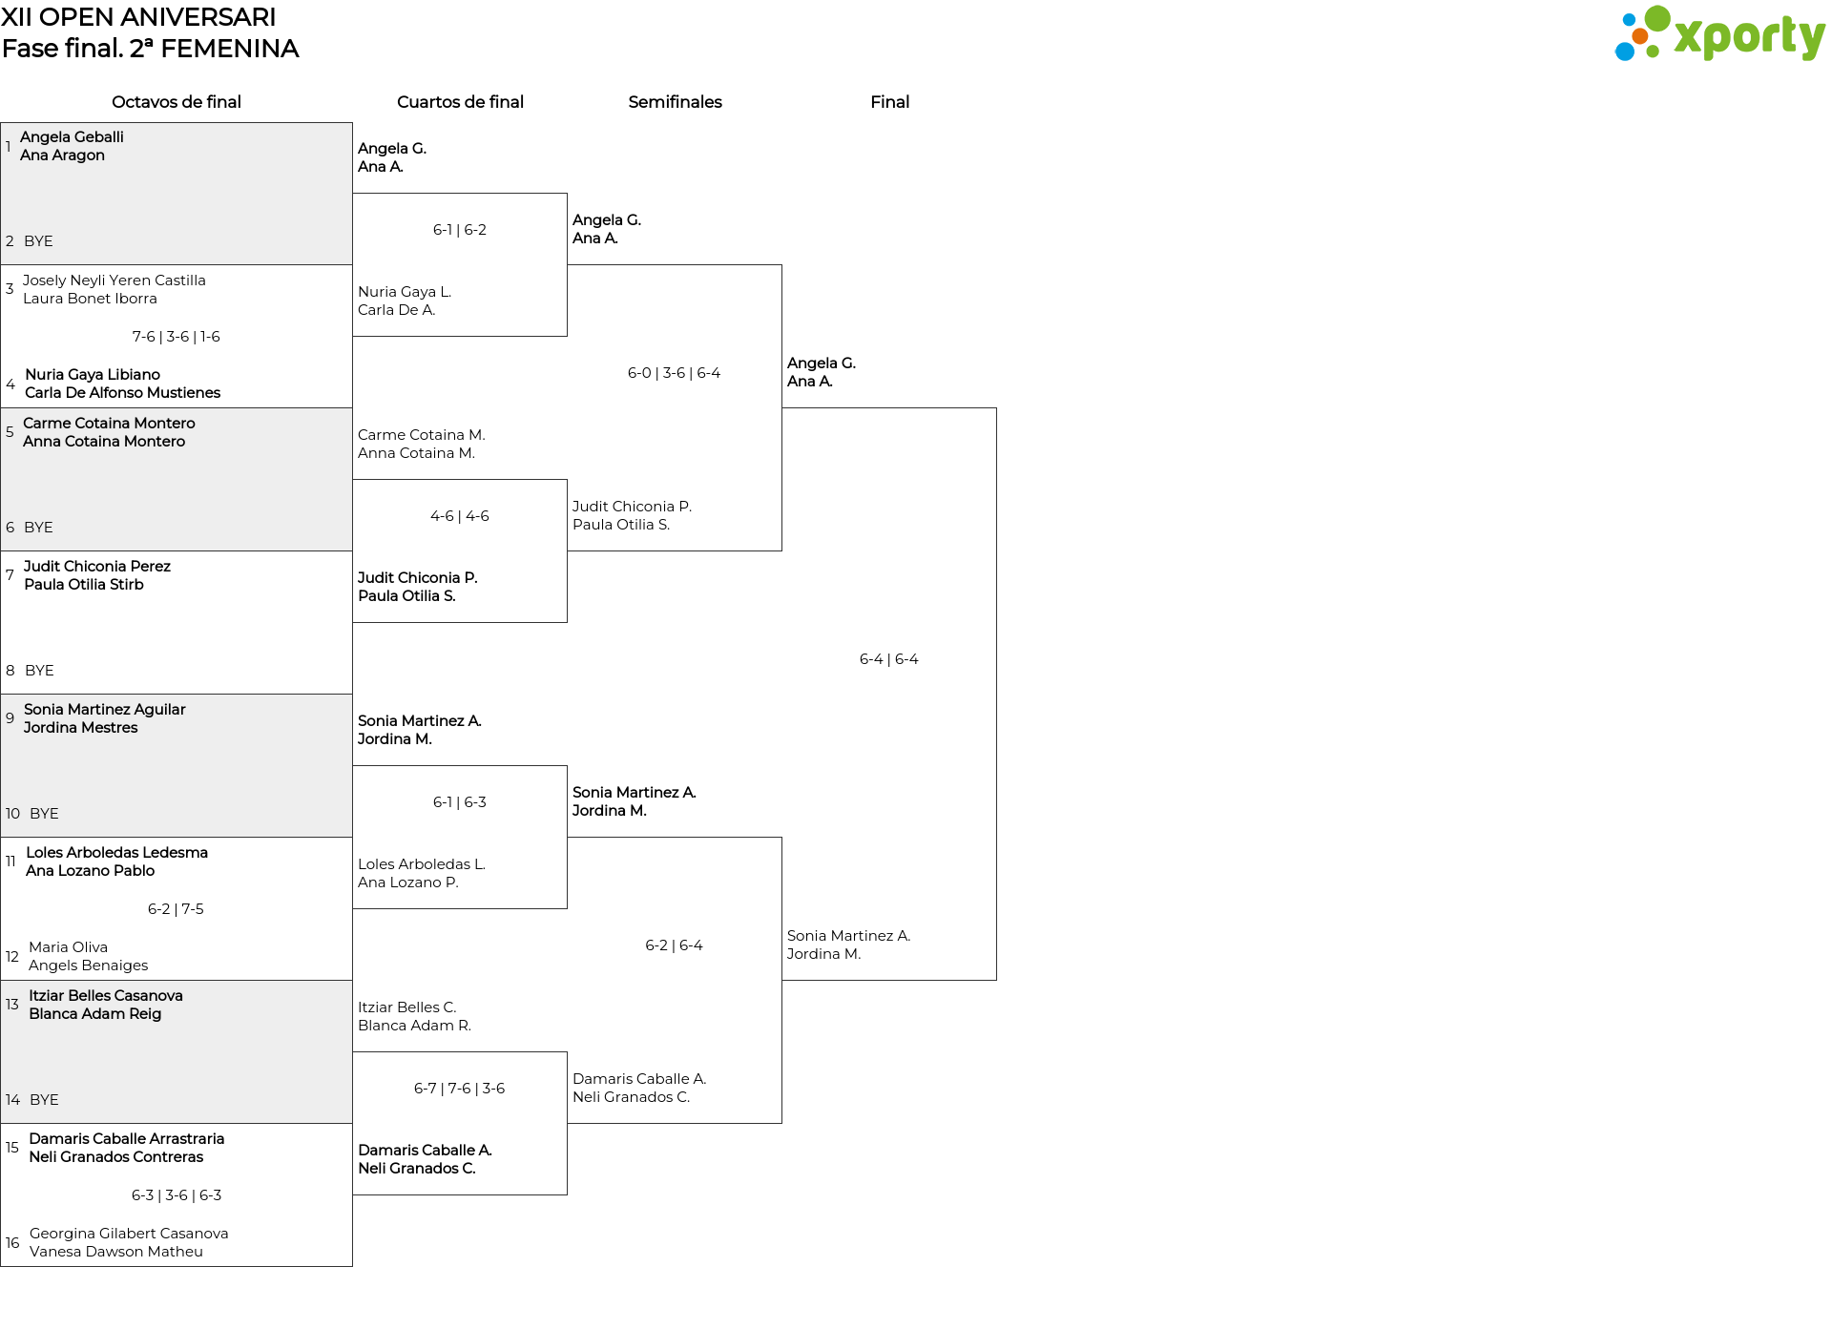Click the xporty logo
pos(1719,34)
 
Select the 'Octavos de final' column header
pos(177,102)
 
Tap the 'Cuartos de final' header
pos(460,102)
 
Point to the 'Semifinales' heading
pos(675,102)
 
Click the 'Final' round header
pos(889,102)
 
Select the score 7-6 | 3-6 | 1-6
pos(177,337)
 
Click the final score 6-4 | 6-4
pos(889,659)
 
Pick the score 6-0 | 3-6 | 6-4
pos(675,373)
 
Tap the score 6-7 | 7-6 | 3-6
pos(460,1089)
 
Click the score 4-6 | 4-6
pos(460,516)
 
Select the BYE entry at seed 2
pos(38,241)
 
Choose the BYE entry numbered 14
pos(44,1100)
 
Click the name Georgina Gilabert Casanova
pos(129,1234)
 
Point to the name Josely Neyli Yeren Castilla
pos(114,280)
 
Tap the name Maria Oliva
pos(68,947)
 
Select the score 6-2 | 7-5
pos(176,909)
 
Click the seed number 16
pos(12,1243)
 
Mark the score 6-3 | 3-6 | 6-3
pos(177,1195)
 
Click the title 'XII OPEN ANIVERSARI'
pos(139,17)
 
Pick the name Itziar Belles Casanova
pos(106,996)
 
